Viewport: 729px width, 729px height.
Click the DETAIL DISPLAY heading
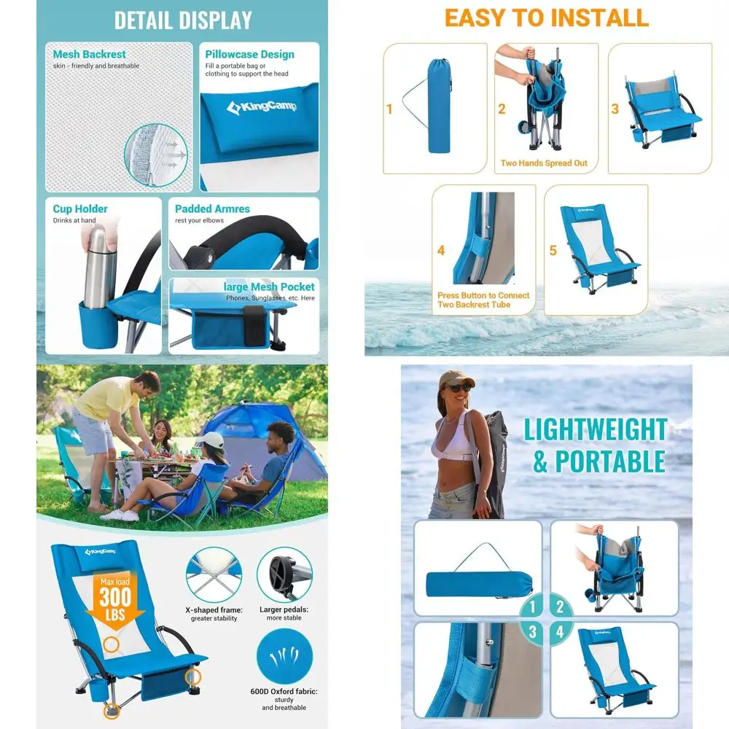point(182,20)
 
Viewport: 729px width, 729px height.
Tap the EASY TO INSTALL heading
point(546,17)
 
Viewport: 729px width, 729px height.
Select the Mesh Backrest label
point(89,54)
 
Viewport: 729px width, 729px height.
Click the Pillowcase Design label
point(249,54)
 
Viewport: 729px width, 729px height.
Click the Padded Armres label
point(212,208)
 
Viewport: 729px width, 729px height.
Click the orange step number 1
point(389,109)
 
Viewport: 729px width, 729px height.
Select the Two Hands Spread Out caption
point(544,163)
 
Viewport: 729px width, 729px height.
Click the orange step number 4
point(441,251)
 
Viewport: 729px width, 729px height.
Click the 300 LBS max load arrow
point(114,598)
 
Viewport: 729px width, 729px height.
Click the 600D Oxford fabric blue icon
point(284,656)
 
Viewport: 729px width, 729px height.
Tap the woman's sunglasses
point(459,388)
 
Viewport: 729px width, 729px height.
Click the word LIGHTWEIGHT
point(595,430)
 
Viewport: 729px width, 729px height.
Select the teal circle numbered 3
point(533,632)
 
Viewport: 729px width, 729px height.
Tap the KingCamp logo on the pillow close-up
point(261,108)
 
